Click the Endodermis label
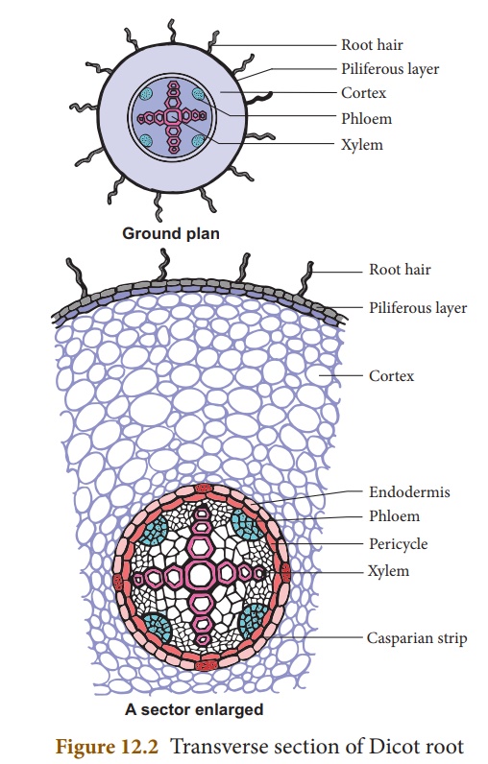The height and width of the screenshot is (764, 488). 409,491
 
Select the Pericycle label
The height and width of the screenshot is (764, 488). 398,544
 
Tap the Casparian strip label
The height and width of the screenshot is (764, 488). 417,638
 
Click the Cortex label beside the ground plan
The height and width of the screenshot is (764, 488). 364,92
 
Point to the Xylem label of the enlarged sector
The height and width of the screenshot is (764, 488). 388,571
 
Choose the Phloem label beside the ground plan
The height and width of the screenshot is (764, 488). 366,118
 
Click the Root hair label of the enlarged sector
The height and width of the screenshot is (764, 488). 400,269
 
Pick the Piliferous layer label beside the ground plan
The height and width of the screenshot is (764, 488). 390,69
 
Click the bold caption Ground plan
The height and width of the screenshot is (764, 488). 171,233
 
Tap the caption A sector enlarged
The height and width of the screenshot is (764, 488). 194,709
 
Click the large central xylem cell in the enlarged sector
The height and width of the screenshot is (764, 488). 200,575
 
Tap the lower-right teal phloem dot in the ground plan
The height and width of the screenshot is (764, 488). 198,141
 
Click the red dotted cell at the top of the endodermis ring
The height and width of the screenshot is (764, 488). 204,488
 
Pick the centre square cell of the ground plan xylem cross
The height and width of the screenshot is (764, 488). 173,116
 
